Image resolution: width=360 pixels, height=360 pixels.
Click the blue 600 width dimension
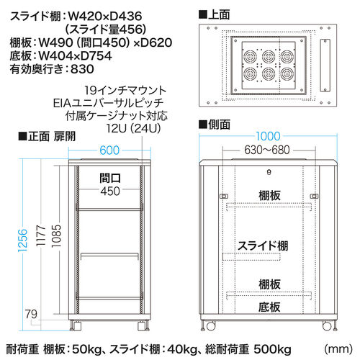[x=109, y=150]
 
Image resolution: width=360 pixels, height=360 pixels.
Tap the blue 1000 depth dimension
[x=268, y=136]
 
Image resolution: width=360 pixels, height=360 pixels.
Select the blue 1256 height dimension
[x=23, y=240]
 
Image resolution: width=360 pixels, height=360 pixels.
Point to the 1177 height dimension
[x=41, y=235]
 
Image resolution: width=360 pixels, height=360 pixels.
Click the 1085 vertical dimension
[x=57, y=236]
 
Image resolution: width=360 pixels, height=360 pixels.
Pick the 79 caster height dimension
[x=32, y=314]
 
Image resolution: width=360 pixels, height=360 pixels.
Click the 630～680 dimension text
[x=267, y=150]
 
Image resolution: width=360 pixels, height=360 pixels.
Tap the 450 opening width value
[x=110, y=192]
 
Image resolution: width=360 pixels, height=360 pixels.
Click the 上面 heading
[x=215, y=14]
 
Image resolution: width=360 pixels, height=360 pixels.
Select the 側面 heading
[x=215, y=125]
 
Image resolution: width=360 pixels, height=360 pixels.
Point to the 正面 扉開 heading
[x=47, y=136]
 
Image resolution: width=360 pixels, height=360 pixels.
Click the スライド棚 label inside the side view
[x=263, y=246]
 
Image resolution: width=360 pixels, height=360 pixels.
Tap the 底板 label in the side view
[x=269, y=307]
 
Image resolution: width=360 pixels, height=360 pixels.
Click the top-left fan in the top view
[x=250, y=57]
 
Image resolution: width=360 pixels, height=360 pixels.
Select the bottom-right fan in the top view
[x=287, y=74]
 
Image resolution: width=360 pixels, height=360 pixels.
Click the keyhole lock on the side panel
[x=269, y=172]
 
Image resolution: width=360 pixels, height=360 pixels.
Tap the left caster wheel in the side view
[x=210, y=326]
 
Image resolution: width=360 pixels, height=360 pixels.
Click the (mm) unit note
[x=338, y=348]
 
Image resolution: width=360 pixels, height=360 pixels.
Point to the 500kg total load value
[x=272, y=349]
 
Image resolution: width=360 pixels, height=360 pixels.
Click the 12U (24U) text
[x=133, y=129]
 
